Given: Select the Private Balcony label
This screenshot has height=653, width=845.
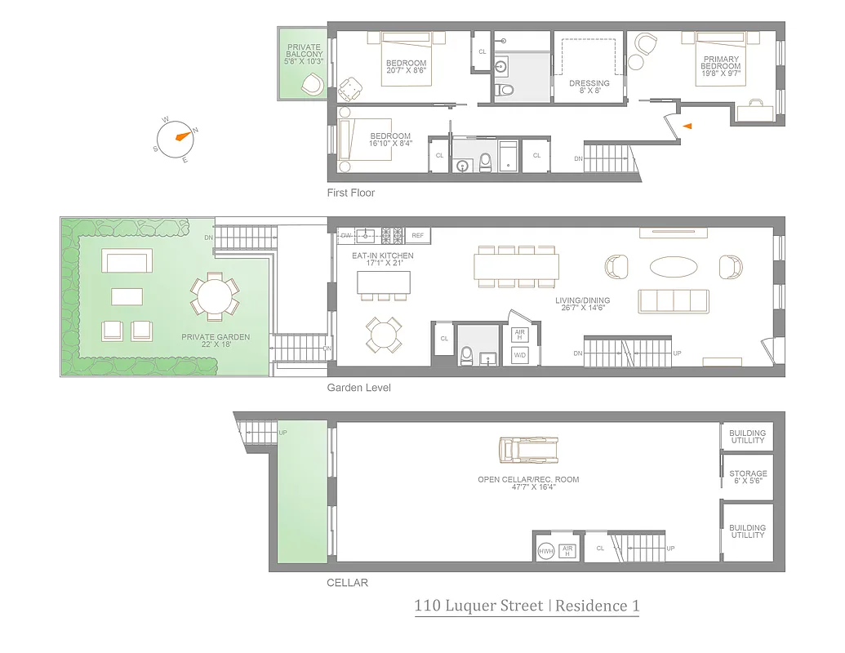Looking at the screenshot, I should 305,55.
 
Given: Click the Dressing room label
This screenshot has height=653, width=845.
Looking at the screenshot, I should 589,87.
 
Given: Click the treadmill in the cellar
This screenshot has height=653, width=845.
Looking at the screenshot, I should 527,450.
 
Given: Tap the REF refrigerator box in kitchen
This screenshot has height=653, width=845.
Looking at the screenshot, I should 418,235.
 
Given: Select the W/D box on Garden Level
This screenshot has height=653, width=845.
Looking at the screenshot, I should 519,355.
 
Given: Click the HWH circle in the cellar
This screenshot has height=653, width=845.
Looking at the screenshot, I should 546,552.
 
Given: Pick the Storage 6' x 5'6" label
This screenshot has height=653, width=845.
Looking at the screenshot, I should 748,478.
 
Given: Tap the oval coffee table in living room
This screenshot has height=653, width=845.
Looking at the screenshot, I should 674,267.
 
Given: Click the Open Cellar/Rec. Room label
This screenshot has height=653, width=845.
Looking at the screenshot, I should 528,483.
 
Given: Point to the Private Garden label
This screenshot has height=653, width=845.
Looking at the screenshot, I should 216,340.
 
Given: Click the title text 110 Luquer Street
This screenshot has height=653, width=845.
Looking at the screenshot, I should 480,606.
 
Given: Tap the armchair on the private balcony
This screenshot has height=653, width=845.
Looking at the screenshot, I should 311,83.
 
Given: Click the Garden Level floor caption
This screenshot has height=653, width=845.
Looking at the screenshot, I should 358,388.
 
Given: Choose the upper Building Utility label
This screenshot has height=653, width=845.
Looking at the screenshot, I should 748,437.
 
